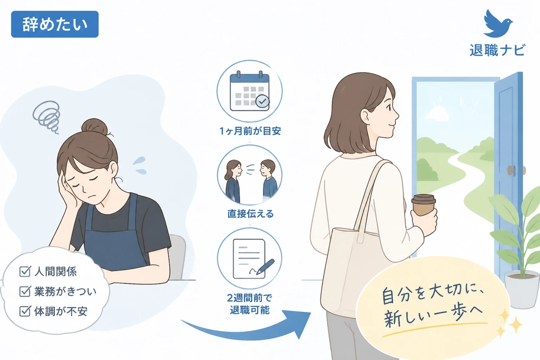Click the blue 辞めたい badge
(x=55, y=24)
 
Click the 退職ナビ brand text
(x=497, y=50)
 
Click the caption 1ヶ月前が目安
(x=250, y=131)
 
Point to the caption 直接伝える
(x=250, y=214)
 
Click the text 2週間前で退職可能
(x=250, y=304)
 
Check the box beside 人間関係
(x=25, y=271)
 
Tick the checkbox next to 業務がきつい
(x=25, y=291)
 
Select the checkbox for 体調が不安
(x=25, y=311)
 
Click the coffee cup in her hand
(x=424, y=205)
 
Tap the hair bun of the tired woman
(x=95, y=126)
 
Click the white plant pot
(x=522, y=289)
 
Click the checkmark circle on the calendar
(x=262, y=102)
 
